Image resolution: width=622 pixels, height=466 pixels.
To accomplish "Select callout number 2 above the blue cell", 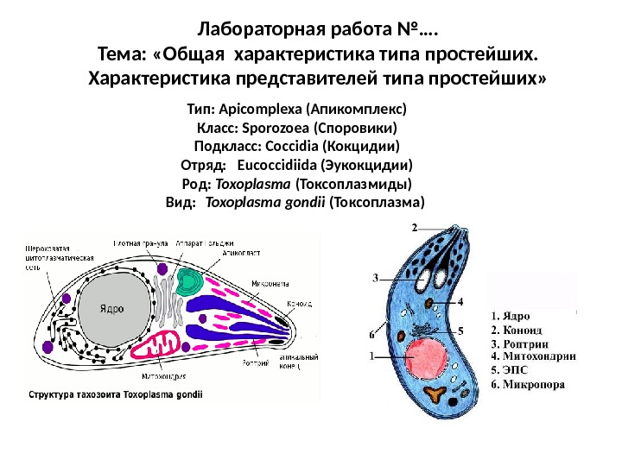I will pyautogui.click(x=414, y=228).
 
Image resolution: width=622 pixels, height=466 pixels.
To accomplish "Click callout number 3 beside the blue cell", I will pyautogui.click(x=376, y=278).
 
